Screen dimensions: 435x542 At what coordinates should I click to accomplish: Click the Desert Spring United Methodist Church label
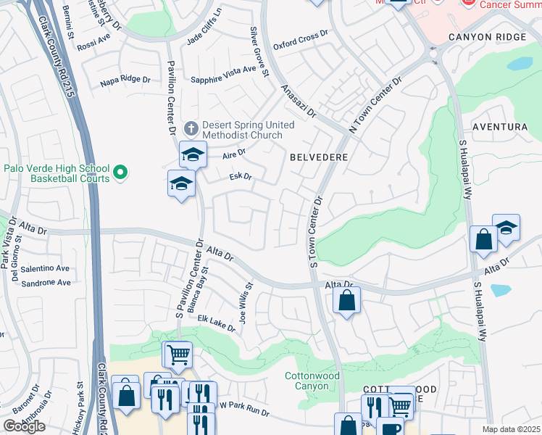[248, 130]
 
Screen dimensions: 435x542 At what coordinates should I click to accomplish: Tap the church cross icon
[191, 129]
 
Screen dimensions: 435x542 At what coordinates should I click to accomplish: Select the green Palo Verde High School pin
[121, 173]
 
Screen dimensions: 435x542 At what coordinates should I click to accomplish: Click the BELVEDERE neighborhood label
[319, 157]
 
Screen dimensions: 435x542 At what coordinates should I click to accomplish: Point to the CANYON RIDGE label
[491, 37]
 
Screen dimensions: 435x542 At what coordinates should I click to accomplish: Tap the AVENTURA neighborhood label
[499, 127]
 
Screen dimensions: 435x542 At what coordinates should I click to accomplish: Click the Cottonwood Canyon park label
[312, 381]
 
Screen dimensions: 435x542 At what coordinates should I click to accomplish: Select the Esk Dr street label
[240, 176]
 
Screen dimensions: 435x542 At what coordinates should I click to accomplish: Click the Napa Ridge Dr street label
[125, 80]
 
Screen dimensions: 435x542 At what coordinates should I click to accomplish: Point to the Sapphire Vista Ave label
[223, 70]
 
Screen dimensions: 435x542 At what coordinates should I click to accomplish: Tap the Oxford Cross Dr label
[300, 41]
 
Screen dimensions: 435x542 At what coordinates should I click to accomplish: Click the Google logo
[23, 426]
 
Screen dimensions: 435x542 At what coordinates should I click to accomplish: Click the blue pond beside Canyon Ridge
[520, 64]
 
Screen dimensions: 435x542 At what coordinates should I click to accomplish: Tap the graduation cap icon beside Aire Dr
[193, 154]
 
